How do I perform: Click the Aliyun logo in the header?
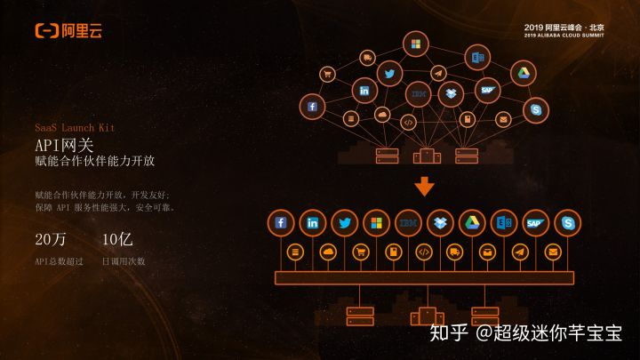(68, 31)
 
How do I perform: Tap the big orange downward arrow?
(425, 186)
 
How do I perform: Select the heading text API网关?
(64, 144)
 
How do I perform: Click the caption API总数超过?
(59, 261)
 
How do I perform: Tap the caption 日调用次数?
(124, 261)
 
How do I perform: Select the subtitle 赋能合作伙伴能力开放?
(95, 162)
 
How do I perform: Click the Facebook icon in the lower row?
(280, 222)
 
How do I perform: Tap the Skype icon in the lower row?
(566, 222)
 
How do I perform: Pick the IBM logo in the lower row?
(408, 222)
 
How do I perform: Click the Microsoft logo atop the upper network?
(415, 44)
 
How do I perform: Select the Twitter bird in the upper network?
(389, 73)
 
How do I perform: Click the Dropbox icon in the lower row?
(440, 222)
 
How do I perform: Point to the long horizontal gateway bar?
(424, 277)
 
